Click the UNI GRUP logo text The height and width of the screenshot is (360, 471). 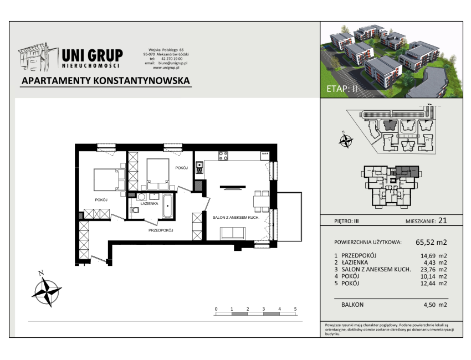pyautogui.click(x=92, y=55)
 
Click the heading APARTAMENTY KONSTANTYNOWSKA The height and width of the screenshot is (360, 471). pyautogui.click(x=106, y=81)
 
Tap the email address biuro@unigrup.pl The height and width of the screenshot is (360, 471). pyautogui.click(x=173, y=63)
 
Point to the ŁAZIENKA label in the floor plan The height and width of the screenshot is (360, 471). pyautogui.click(x=149, y=204)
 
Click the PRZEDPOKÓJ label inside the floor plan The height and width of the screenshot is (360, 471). pyautogui.click(x=161, y=230)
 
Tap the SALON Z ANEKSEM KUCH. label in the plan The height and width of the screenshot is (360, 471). pyautogui.click(x=236, y=217)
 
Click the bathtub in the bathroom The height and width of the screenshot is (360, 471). pyautogui.click(x=167, y=206)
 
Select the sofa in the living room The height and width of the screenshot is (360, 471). pyautogui.click(x=233, y=234)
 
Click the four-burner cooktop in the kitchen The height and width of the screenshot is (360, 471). pyautogui.click(x=223, y=156)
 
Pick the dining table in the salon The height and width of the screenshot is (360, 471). pyautogui.click(x=262, y=202)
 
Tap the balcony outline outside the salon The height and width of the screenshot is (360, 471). pyautogui.click(x=301, y=217)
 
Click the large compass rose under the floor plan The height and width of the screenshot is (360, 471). pyautogui.click(x=47, y=291)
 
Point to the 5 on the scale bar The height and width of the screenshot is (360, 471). pyautogui.click(x=295, y=308)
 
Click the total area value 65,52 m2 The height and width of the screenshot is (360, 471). pyautogui.click(x=431, y=242)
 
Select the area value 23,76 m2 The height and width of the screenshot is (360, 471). pyautogui.click(x=433, y=270)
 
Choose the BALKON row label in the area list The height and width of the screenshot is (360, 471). pyautogui.click(x=352, y=305)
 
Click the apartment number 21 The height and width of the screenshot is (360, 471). pyautogui.click(x=443, y=220)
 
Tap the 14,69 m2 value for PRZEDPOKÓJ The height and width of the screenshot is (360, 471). pyautogui.click(x=433, y=256)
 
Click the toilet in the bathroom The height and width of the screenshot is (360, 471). pyautogui.click(x=135, y=210)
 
